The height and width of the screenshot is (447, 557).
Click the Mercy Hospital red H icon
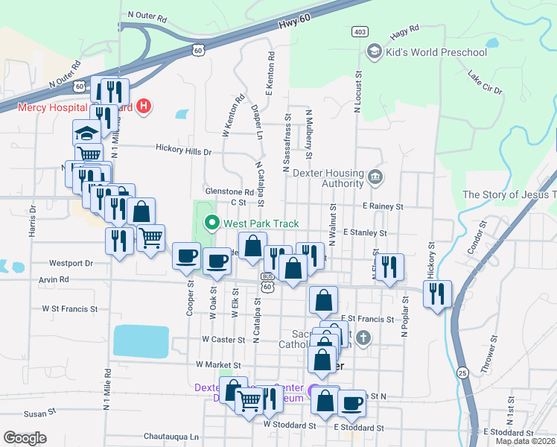coord(144,107)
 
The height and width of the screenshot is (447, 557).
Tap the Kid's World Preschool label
coord(437,52)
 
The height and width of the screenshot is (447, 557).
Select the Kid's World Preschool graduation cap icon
coord(374,51)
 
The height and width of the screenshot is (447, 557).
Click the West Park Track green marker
coord(211,223)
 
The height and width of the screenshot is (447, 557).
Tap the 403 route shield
coord(360,32)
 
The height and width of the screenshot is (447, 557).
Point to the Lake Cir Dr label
coord(486,82)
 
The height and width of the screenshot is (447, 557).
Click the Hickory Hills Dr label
coord(184,150)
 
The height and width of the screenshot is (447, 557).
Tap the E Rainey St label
coord(383,206)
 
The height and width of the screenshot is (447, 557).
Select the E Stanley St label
coord(364,233)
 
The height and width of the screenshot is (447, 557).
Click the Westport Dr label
coord(71,263)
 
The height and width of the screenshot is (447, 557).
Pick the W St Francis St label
coord(70,308)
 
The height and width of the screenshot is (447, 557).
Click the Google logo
coord(25,438)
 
